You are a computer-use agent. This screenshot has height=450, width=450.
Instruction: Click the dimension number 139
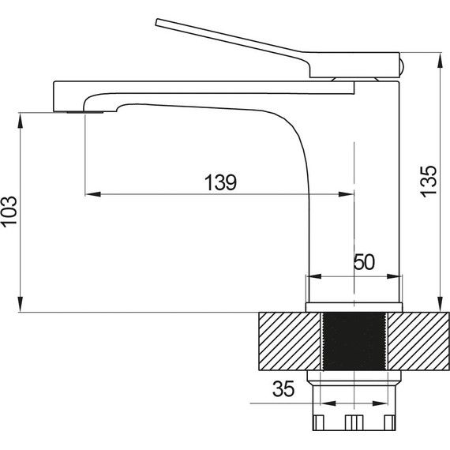(x=221, y=182)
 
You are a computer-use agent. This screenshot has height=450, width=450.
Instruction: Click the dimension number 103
(x=9, y=212)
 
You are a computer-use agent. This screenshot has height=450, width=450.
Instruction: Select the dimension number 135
(x=428, y=181)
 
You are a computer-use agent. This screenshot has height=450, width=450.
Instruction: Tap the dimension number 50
(x=364, y=262)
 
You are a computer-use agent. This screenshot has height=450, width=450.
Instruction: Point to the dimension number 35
(x=283, y=389)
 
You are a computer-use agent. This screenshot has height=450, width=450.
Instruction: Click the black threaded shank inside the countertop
(x=354, y=342)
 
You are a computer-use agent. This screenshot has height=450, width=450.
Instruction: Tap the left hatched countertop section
(x=289, y=342)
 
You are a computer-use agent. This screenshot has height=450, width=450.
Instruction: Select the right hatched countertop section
(x=418, y=342)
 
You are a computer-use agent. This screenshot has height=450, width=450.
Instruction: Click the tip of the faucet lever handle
(x=156, y=22)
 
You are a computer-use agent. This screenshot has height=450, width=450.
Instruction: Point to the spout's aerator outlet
(x=85, y=112)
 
